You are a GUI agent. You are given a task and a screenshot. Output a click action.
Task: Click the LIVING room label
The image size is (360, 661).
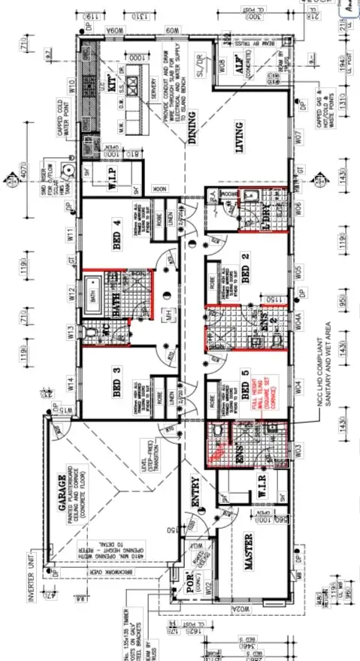[x=243, y=136]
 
